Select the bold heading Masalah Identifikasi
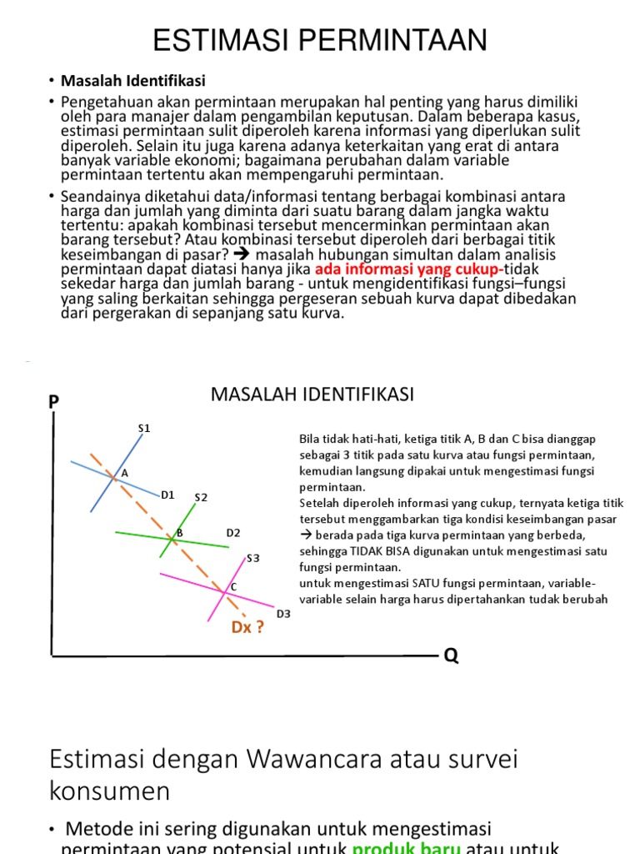coord(132,81)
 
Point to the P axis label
coord(54,402)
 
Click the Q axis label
coord(451,656)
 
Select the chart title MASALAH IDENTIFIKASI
coord(312,394)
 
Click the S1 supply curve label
coord(144,429)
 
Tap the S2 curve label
coord(201,498)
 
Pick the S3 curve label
coord(253,558)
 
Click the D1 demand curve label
coord(167,495)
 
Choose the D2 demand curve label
coord(233,533)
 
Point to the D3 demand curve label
coord(283,615)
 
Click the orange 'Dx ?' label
coord(248,628)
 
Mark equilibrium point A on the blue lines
coord(112,476)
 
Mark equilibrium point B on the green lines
coord(172,538)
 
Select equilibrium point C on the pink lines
coord(224,591)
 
